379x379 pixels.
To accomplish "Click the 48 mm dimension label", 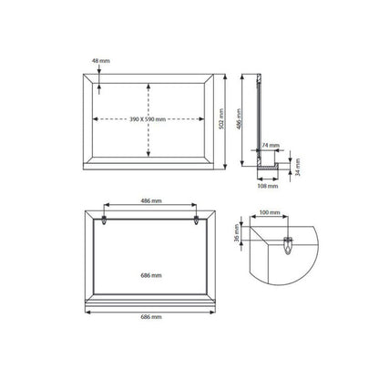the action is click(x=101, y=61).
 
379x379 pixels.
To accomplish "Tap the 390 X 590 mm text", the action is click(x=148, y=119).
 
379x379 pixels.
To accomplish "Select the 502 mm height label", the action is click(x=221, y=118).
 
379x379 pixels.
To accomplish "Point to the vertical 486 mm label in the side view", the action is click(x=239, y=119).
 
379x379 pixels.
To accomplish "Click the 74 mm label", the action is click(x=271, y=146).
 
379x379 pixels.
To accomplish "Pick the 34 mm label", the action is click(x=298, y=167).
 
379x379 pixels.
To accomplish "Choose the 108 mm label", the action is click(x=268, y=186).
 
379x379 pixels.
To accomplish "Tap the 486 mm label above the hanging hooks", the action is click(x=151, y=200).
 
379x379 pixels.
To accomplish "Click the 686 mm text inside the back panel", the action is click(x=151, y=275).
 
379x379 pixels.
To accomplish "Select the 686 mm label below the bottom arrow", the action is click(x=151, y=317).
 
